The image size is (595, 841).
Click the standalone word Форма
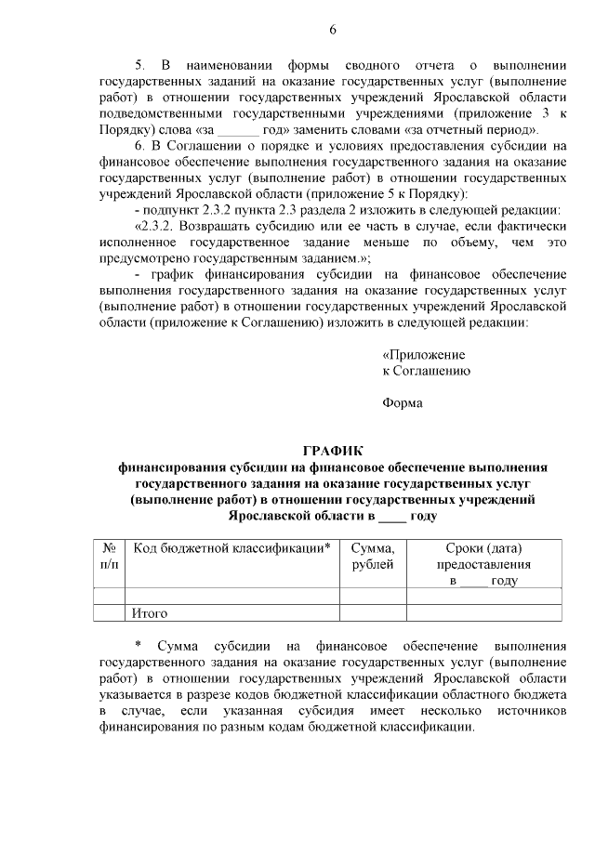pyautogui.click(x=403, y=402)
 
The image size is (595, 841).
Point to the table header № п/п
pyautogui.click(x=109, y=557)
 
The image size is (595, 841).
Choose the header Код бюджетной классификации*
pyautogui.click(x=231, y=548)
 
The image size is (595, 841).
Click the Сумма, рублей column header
pyautogui.click(x=373, y=557)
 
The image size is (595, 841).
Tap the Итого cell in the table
pyautogui.click(x=149, y=613)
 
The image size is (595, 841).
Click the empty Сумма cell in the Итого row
pyautogui.click(x=373, y=613)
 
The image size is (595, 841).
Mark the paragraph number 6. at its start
pyautogui.click(x=140, y=146)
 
